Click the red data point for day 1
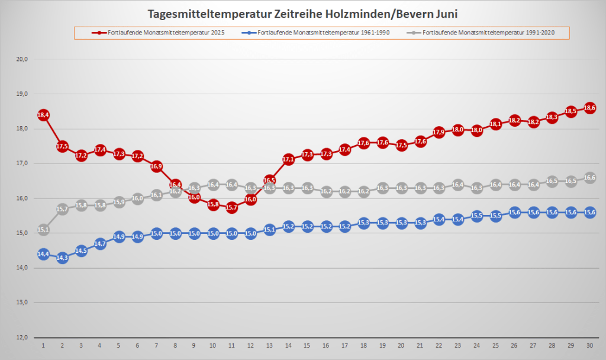pyautogui.click(x=43, y=115)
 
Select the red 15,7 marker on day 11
pyautogui.click(x=231, y=208)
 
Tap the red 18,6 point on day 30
pyautogui.click(x=589, y=108)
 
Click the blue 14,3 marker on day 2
pyautogui.click(x=62, y=258)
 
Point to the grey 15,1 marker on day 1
pyautogui.click(x=43, y=230)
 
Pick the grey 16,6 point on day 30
pyautogui.click(x=589, y=178)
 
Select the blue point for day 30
pyautogui.click(x=589, y=213)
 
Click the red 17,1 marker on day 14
pyautogui.click(x=288, y=159)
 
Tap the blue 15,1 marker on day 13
pyautogui.click(x=269, y=230)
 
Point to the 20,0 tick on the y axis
pyautogui.click(x=22, y=59)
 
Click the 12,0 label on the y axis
pyautogui.click(x=22, y=337)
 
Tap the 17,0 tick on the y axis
pyautogui.click(x=22, y=163)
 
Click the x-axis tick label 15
pyautogui.click(x=307, y=345)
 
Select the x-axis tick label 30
pyautogui.click(x=589, y=345)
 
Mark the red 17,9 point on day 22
pyautogui.click(x=439, y=132)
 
